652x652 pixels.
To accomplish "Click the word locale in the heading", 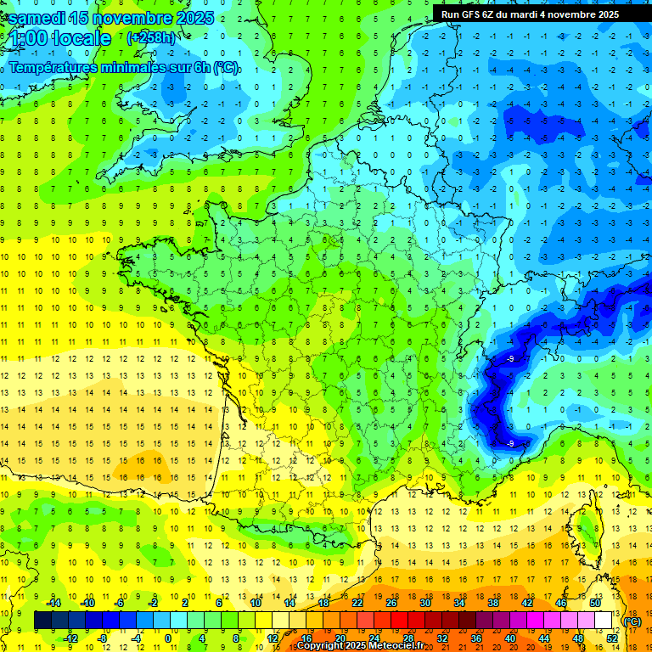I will pyautogui.click(x=81, y=39).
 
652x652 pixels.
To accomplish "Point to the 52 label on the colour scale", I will pyautogui.click(x=611, y=638).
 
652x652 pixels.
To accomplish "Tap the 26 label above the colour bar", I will pyautogui.click(x=391, y=603).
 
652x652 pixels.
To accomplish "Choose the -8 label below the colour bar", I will pyautogui.click(x=103, y=638).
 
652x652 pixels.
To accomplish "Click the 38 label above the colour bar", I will pyautogui.click(x=493, y=603).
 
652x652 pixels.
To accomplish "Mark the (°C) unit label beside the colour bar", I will pyautogui.click(x=632, y=621).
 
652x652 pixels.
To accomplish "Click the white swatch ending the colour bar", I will pyautogui.click(x=604, y=621).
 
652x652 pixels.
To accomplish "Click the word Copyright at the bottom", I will pyautogui.click(x=324, y=646).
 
